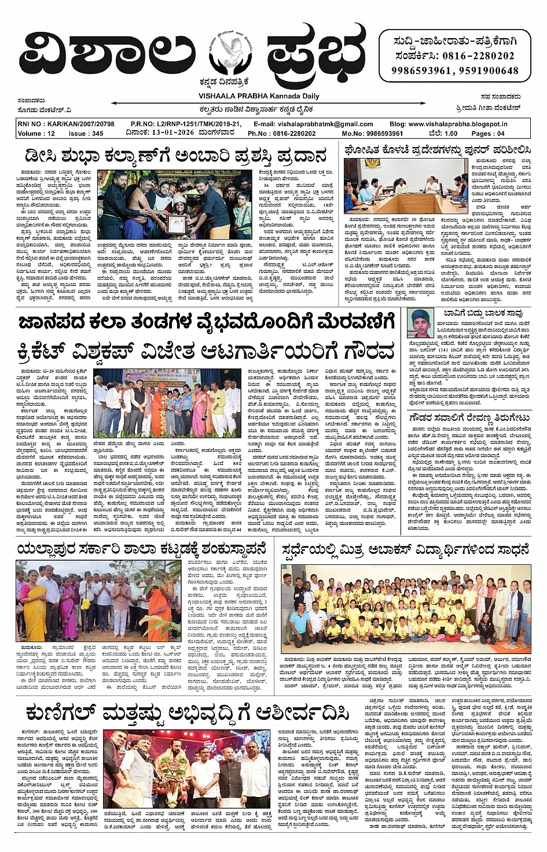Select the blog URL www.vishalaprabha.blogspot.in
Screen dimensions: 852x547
coord(457,124)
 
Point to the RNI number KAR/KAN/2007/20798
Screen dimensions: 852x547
coord(66,124)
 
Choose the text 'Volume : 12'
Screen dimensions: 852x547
coord(36,134)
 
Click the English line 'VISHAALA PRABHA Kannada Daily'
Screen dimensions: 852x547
coord(259,96)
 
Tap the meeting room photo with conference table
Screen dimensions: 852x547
coord(405,186)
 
